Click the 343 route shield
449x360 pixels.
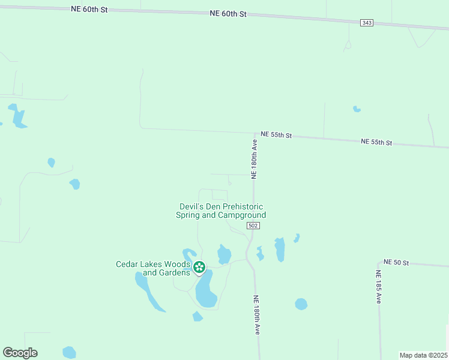pos(367,23)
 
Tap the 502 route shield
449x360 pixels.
pos(253,225)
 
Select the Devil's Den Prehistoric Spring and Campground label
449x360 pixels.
pos(221,211)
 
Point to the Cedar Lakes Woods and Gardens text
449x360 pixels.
pos(153,268)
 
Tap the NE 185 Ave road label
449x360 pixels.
pos(379,287)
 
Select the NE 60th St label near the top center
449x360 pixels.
pos(229,14)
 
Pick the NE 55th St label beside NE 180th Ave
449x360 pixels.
pos(276,135)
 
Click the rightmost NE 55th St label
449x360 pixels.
pos(376,142)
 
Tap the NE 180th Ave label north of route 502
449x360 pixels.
pos(255,160)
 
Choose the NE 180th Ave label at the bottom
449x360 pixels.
pos(257,314)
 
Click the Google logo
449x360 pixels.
pos(20,353)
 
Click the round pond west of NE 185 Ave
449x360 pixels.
pos(301,304)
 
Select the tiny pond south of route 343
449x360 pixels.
pos(357,109)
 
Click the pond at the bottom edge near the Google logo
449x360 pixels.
pos(69,352)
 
